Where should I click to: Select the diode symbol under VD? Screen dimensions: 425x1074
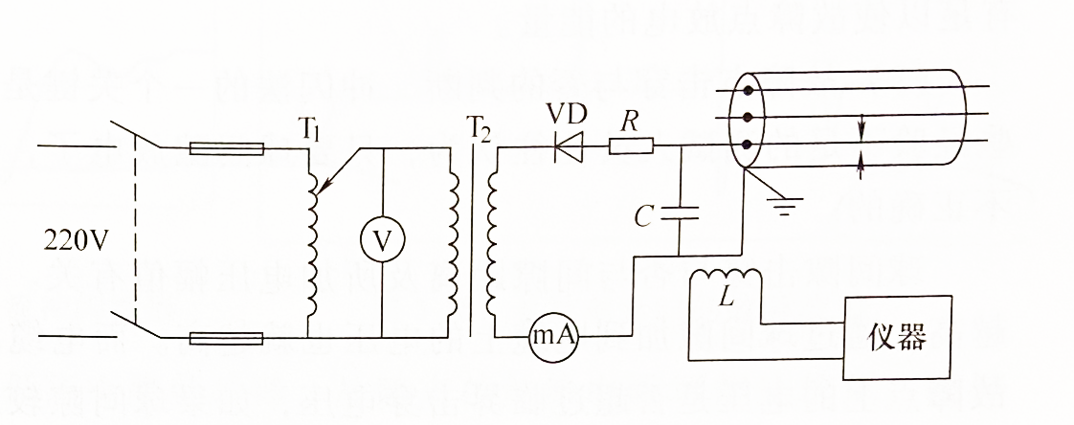(569, 147)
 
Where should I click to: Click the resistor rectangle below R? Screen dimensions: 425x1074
(632, 146)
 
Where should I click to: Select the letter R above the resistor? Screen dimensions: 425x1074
(629, 122)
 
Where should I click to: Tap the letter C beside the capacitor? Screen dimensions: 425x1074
(648, 215)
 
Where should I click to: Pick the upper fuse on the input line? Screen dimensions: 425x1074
(227, 148)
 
